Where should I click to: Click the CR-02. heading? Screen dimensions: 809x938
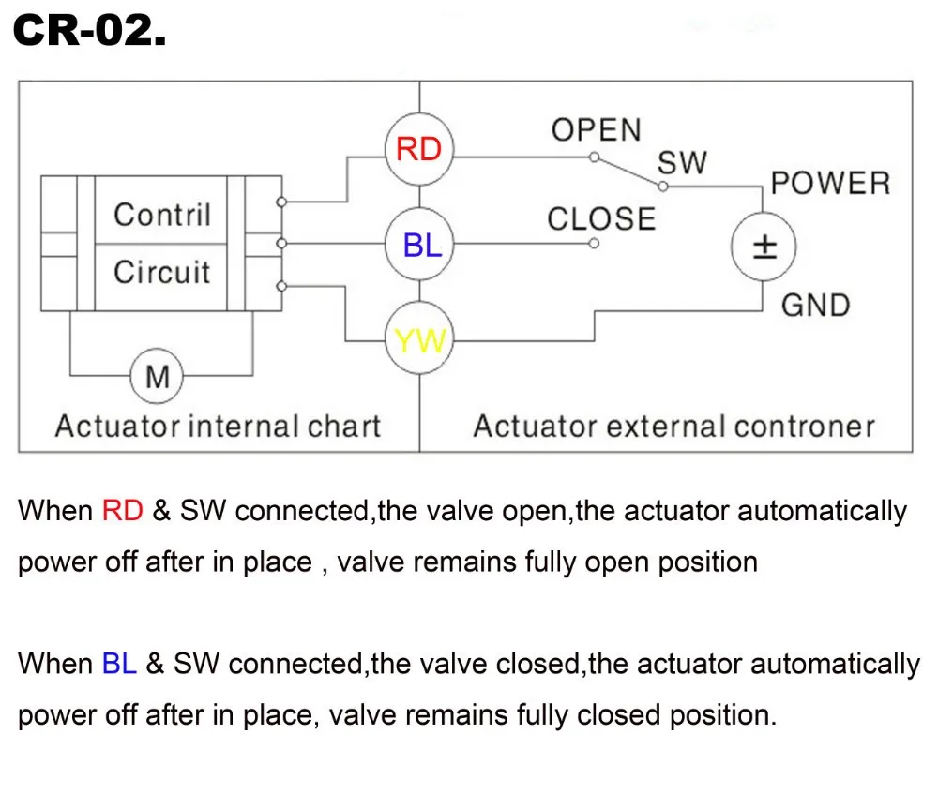point(90,34)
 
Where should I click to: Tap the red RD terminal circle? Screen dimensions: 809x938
point(419,148)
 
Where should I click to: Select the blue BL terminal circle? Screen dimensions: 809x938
point(419,246)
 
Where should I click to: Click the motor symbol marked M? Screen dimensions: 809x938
point(158,377)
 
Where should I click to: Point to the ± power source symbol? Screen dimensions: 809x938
point(764,247)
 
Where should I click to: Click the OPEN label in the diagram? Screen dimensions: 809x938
point(596,130)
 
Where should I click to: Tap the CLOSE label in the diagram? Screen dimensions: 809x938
point(601,219)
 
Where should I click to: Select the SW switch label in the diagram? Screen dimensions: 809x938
point(682,162)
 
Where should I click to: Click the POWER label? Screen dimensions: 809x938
point(829,183)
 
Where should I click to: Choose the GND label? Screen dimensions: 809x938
point(814,305)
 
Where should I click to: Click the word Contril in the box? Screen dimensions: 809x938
point(162,215)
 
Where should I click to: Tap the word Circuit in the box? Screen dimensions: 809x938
point(162,273)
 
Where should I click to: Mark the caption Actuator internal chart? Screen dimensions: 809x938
point(218,427)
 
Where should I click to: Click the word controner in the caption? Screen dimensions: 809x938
point(804,427)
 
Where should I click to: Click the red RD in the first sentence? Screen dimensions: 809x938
point(122,511)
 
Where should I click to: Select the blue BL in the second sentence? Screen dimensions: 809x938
point(119,664)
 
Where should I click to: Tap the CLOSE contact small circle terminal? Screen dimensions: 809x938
point(594,245)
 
